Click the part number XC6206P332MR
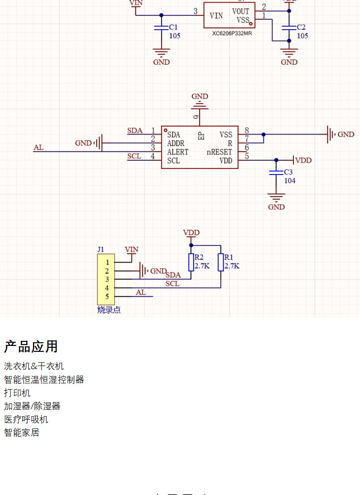(231, 33)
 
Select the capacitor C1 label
(173, 27)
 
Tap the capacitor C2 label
(301, 27)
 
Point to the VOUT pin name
(241, 11)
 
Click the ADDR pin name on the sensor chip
(176, 144)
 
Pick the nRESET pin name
(220, 152)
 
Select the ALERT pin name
(178, 152)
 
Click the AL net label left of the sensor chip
(39, 148)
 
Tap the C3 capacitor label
(288, 172)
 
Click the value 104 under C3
(290, 181)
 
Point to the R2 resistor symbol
(191, 262)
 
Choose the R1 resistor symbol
(221, 262)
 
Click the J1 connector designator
(101, 249)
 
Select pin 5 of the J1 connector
(108, 297)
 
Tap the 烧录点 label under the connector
(109, 310)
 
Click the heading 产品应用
(31, 346)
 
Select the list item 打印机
(17, 392)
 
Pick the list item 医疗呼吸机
(26, 419)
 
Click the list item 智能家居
(21, 433)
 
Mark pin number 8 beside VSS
(247, 131)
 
